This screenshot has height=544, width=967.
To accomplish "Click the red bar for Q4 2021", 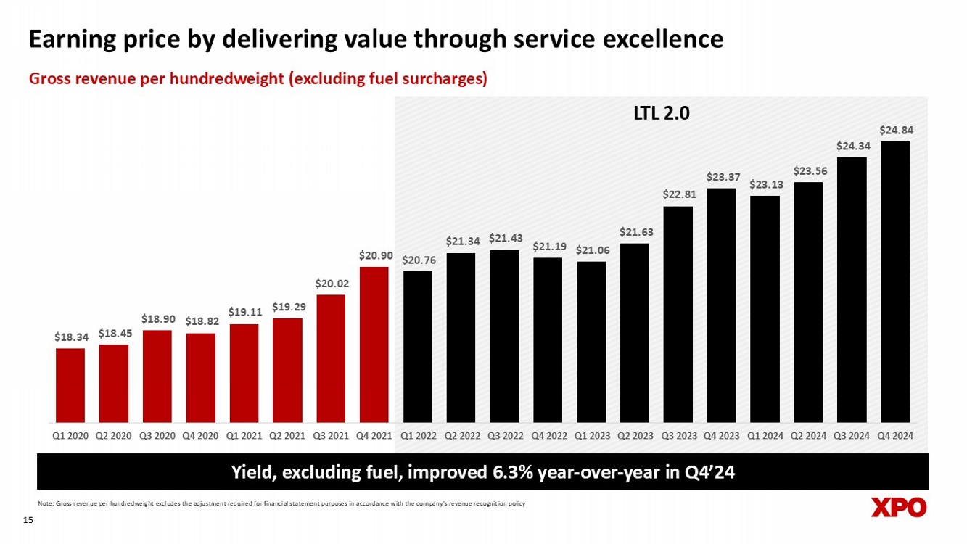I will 374,345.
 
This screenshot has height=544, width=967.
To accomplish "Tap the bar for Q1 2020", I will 70,385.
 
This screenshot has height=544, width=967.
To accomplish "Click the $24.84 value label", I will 896,131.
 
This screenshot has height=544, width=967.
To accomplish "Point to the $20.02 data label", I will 331,284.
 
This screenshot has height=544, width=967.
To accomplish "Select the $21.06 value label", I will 591,250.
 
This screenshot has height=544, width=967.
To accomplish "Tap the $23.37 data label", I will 722,177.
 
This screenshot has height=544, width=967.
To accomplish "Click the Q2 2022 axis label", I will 461,436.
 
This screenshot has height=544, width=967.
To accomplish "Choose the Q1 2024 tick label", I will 765,436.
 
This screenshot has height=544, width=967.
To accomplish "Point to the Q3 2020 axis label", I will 157,436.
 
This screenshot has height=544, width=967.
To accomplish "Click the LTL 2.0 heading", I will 658,114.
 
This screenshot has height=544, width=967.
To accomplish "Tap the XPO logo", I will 899,508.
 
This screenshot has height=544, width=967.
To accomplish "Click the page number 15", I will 29,520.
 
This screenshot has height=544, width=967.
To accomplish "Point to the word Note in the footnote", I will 44,503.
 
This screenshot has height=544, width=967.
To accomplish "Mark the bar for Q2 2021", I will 287,370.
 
